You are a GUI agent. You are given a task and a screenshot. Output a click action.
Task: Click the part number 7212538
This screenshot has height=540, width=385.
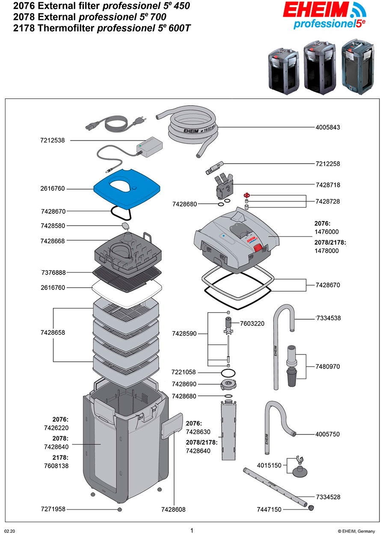coord(53,140)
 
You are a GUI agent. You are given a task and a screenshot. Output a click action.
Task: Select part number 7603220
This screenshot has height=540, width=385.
coord(252,324)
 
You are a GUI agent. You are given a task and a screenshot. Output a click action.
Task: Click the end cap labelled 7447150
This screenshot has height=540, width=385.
coord(311,508)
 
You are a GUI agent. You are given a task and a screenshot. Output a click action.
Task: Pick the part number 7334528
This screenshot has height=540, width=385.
coord(328,497)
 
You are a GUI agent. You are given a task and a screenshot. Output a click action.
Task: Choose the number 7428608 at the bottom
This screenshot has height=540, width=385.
coord(173,509)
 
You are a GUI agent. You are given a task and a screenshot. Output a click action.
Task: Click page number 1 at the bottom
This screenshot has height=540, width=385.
coord(192,531)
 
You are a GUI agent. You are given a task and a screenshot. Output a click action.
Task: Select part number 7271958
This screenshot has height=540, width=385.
coord(53,509)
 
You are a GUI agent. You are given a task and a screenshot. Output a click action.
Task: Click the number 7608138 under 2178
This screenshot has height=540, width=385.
coord(56,466)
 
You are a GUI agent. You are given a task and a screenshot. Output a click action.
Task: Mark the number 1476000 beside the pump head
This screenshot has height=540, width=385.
coord(326,231)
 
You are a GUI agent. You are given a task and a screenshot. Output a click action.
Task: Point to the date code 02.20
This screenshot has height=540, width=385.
coord(9,531)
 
